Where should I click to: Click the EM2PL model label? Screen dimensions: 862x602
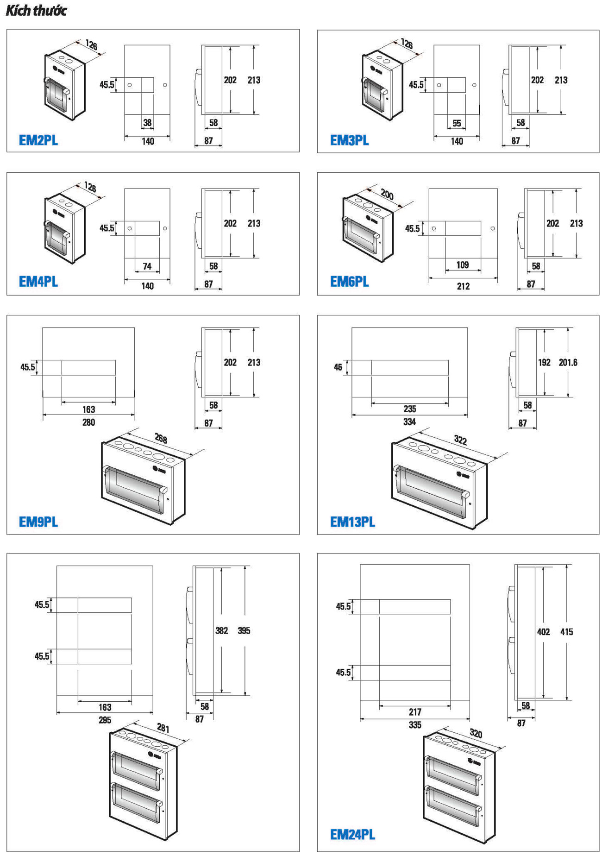click(38, 140)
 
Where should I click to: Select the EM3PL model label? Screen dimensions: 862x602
click(349, 140)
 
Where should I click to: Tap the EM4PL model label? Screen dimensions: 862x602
click(38, 281)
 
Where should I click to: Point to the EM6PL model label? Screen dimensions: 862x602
click(349, 281)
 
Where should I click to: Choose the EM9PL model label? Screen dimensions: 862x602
click(38, 522)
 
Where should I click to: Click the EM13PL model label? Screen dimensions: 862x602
click(352, 522)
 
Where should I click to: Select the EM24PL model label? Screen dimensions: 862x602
click(352, 834)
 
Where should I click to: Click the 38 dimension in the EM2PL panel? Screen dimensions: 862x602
click(147, 123)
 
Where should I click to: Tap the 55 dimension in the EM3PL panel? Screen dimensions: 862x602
click(457, 123)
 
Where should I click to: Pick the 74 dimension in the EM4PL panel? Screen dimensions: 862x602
click(147, 266)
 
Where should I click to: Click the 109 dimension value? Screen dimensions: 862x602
click(463, 265)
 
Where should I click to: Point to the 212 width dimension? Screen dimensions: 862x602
click(464, 286)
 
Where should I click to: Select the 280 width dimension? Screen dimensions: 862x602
click(88, 422)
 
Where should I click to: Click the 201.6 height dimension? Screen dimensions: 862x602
click(568, 362)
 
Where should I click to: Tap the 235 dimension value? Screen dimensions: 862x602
click(410, 409)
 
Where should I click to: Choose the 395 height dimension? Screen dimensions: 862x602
click(244, 630)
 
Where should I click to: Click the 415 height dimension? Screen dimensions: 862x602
click(566, 632)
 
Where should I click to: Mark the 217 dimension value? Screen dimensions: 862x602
click(415, 712)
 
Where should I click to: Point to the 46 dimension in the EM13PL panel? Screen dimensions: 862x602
click(338, 367)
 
